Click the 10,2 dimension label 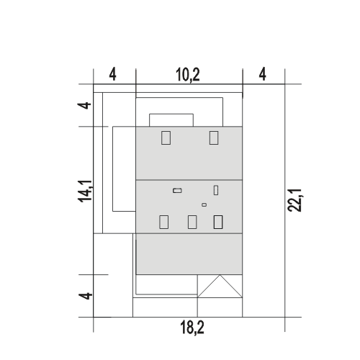(188, 75)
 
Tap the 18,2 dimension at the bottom (192, 328)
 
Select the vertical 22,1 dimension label (294, 200)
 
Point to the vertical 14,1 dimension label (85, 192)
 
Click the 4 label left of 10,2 (112, 75)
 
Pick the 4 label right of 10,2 (263, 74)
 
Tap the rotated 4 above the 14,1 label (84, 105)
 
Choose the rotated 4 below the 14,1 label (86, 296)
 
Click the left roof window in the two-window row (166, 138)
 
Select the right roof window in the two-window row (214, 138)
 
